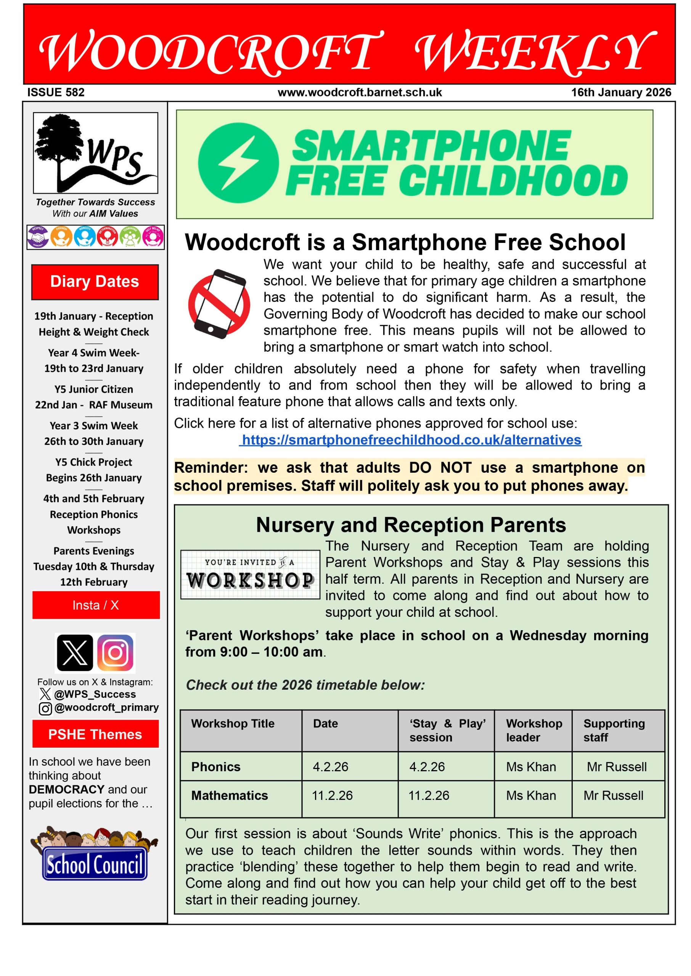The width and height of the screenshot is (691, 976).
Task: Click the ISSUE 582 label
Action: [x=56, y=92]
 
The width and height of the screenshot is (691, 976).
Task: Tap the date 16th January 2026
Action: [x=621, y=92]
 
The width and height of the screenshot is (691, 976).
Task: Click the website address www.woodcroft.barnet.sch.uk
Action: [x=360, y=92]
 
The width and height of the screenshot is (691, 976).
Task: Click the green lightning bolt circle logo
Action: [x=238, y=163]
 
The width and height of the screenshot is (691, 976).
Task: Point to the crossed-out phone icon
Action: [x=219, y=303]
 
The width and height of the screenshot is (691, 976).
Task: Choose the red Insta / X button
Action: [x=96, y=605]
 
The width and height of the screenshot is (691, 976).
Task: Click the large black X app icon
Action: [x=74, y=653]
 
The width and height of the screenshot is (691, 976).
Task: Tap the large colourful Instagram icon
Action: [x=116, y=653]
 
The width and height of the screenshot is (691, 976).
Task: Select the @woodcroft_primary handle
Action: [x=106, y=707]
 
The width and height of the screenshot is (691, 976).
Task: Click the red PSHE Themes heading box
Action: [x=95, y=734]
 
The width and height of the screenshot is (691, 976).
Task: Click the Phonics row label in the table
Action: [x=216, y=767]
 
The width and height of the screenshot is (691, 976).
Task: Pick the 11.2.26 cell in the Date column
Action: [x=332, y=796]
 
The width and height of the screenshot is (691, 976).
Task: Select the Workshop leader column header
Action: [x=534, y=730]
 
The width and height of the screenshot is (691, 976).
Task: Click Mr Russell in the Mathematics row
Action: [x=613, y=796]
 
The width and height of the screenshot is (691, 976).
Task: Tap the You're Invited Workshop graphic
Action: [x=250, y=575]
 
